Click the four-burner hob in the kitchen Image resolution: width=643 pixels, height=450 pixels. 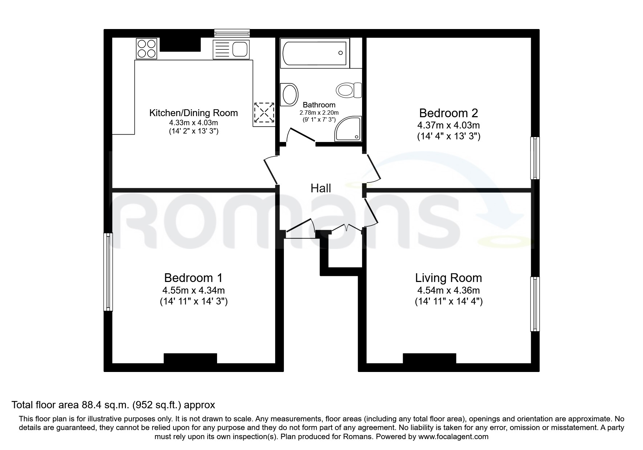tap(147, 49)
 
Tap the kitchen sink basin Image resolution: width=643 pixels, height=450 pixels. tap(241, 49)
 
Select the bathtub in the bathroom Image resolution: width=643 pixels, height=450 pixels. tap(314, 53)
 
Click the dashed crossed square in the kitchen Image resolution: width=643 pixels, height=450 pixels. tap(264, 112)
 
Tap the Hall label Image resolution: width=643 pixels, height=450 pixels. tap(321, 188)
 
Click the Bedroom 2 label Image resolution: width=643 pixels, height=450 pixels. tap(448, 113)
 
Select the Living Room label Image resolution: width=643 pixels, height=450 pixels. tap(448, 278)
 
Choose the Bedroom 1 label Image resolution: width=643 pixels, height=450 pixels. tap(193, 278)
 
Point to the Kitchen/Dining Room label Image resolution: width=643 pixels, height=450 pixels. tap(194, 113)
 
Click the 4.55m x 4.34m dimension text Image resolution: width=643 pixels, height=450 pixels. tap(194, 290)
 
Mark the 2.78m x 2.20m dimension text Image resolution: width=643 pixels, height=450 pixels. tap(319, 112)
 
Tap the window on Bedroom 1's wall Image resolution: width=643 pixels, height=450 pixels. tap(108, 272)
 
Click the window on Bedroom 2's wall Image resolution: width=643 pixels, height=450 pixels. tap(535, 158)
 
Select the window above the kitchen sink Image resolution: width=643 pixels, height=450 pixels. tap(232, 33)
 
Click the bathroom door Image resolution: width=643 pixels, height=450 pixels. tap(301, 135)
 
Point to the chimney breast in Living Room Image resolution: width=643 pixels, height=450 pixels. tap(429, 358)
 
